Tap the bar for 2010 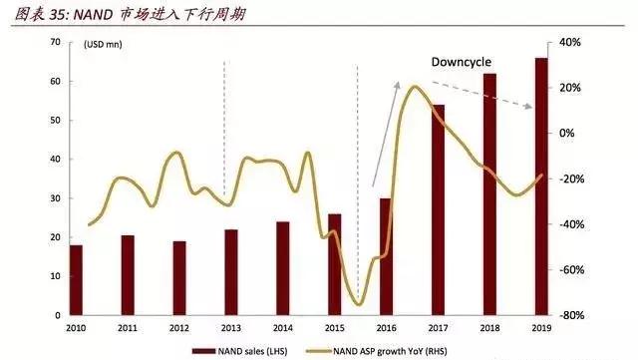(x=76, y=280)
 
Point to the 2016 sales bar (x=386, y=256)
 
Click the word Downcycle (x=462, y=62)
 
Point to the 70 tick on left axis (x=56, y=42)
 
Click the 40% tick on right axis (x=570, y=42)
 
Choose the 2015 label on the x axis (x=334, y=328)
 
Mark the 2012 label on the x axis (x=179, y=328)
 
